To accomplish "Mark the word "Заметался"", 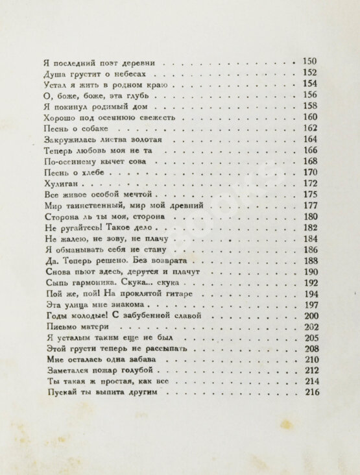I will (69, 371).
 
